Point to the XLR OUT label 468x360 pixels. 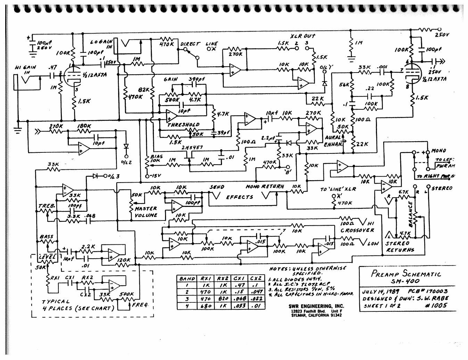[303, 36]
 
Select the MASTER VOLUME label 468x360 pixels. [146, 212]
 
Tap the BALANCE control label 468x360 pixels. [411, 214]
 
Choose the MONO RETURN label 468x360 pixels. [265, 187]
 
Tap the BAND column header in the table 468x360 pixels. [187, 278]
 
